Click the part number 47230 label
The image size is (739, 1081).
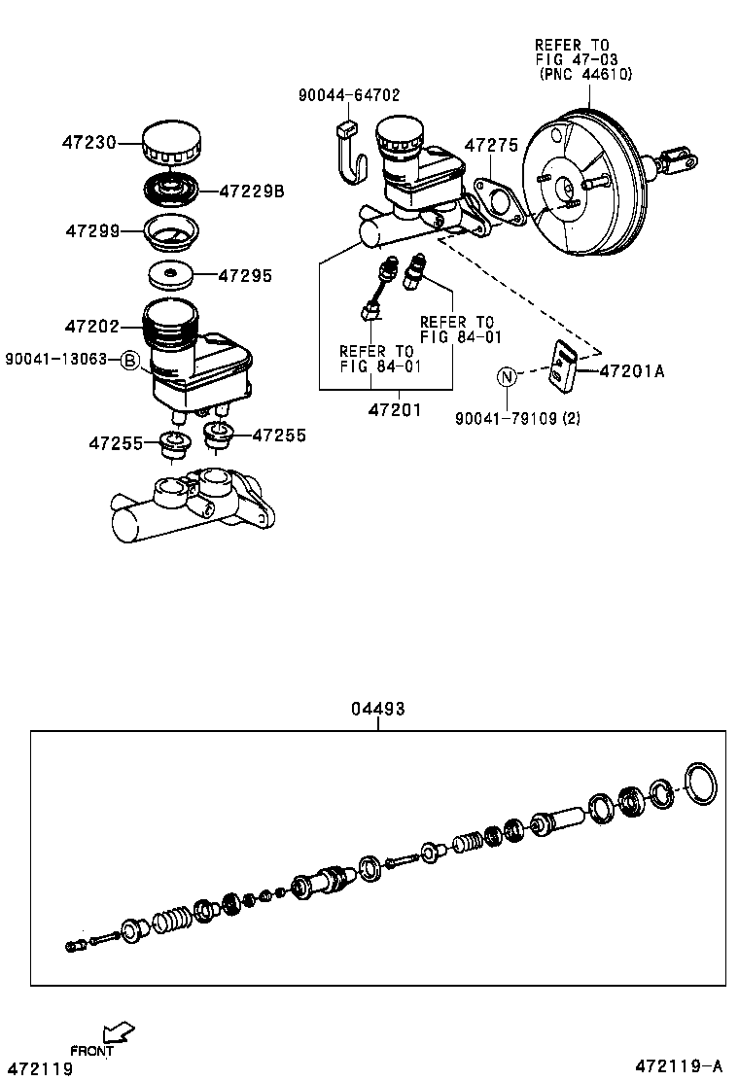pos(88,142)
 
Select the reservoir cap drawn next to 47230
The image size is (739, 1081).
pos(172,144)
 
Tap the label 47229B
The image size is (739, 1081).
pos(251,192)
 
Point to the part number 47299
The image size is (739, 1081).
pos(92,231)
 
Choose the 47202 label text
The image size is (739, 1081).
pos(91,327)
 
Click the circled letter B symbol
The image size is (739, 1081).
pos(130,360)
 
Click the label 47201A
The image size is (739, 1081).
pos(631,370)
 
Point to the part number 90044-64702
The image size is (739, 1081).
pos(348,94)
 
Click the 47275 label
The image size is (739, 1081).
pos(491,145)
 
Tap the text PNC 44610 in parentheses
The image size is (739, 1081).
pos(585,73)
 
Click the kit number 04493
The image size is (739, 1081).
pos(377,709)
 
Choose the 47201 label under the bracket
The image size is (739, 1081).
pos(394,409)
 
